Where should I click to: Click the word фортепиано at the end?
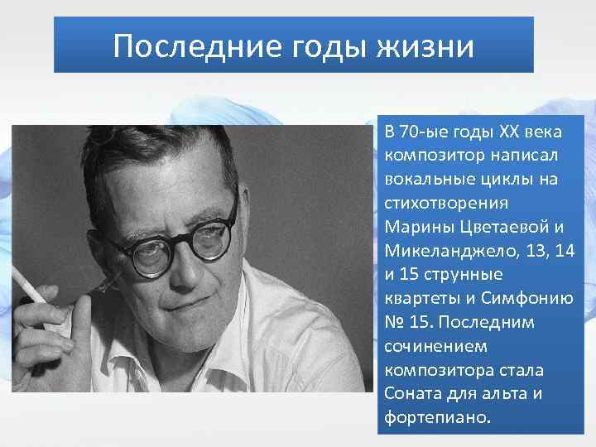pos(437,417)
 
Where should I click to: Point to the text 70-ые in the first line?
pos(423,132)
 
